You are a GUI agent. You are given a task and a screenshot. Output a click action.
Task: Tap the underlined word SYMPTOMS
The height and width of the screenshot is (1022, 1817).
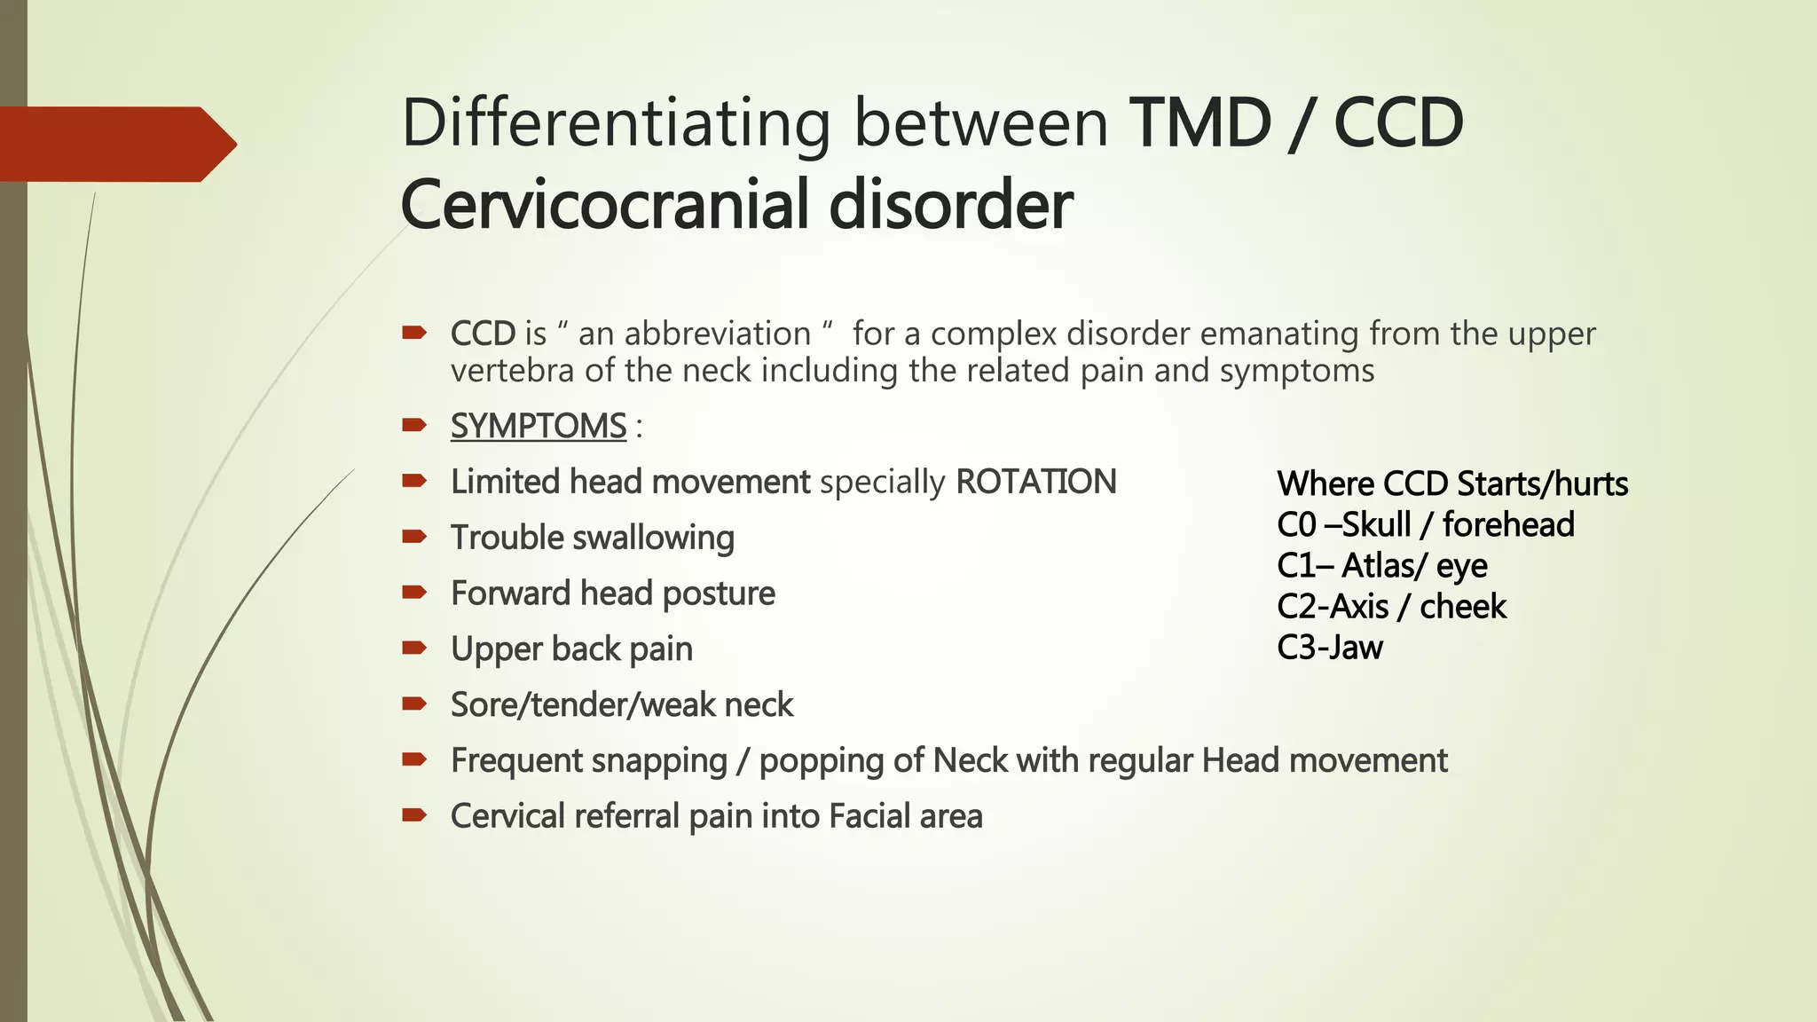pyautogui.click(x=539, y=426)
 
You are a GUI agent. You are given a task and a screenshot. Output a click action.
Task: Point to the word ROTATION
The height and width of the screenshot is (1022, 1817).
pyautogui.click(x=1035, y=482)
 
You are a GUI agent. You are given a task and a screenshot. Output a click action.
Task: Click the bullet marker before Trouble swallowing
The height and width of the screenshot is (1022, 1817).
pyautogui.click(x=414, y=536)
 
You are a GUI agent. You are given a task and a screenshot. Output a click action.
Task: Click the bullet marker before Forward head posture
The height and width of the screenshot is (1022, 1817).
pyautogui.click(x=414, y=592)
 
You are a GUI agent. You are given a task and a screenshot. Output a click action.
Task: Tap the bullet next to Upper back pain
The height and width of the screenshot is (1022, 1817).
pyautogui.click(x=414, y=648)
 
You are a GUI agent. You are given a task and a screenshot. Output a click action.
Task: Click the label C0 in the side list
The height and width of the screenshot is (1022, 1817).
pyautogui.click(x=1296, y=525)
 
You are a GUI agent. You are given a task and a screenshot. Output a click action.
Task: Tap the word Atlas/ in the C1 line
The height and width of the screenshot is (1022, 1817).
pyautogui.click(x=1383, y=566)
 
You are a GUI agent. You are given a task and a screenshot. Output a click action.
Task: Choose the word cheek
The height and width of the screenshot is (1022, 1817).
pyautogui.click(x=1462, y=607)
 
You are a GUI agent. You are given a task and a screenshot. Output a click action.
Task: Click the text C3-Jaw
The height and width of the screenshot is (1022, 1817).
pyautogui.click(x=1329, y=648)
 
